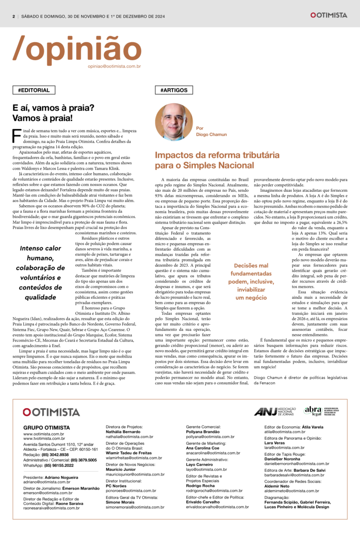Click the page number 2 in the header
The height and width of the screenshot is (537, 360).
(x=14, y=15)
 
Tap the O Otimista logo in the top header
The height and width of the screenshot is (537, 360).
(x=328, y=15)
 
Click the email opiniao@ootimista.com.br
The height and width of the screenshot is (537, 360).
(x=114, y=66)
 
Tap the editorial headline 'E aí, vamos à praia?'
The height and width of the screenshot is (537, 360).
(x=53, y=108)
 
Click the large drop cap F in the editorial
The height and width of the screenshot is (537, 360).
(x=17, y=136)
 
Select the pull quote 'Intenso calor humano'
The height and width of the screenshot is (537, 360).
(x=40, y=273)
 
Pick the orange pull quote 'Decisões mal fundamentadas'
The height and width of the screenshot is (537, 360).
(x=251, y=281)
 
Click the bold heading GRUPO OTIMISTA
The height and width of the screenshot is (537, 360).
(x=47, y=427)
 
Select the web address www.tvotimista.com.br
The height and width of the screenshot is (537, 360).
(x=44, y=438)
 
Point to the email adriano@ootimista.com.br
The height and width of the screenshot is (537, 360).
(x=47, y=482)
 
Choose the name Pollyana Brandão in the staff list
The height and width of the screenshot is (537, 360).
(x=203, y=432)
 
